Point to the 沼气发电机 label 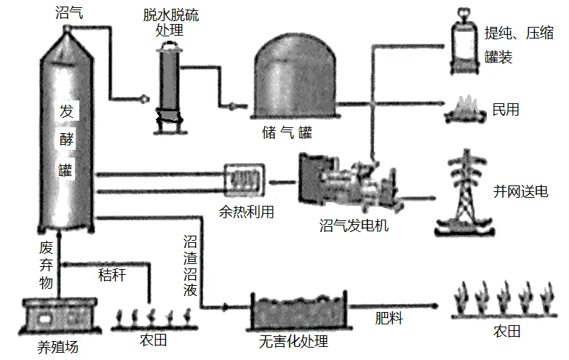(x=354, y=225)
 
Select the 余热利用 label (x=247, y=212)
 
